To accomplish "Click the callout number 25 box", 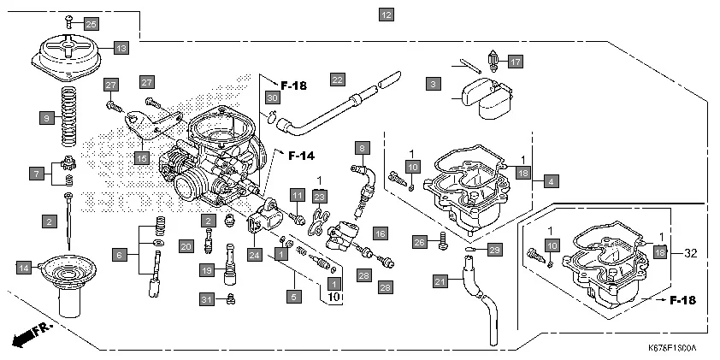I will point(91,23).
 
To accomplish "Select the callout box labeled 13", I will point(121,49).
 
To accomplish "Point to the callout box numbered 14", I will point(24,268).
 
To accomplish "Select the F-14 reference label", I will point(301,156).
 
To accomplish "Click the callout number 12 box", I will point(387,15).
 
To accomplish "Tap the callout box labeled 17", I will point(514,62).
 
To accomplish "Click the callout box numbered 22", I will point(337,80).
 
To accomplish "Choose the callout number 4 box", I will point(552,181).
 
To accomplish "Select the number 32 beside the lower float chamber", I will point(691,252).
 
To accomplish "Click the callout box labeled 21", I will point(440,281).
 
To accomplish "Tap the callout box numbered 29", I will point(494,249).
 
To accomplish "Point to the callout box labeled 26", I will point(418,242).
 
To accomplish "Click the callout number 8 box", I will point(362,148).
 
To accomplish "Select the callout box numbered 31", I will point(205,298).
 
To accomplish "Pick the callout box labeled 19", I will point(206,270).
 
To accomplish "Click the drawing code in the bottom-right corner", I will point(672,349).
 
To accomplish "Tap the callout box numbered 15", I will point(141,157).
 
